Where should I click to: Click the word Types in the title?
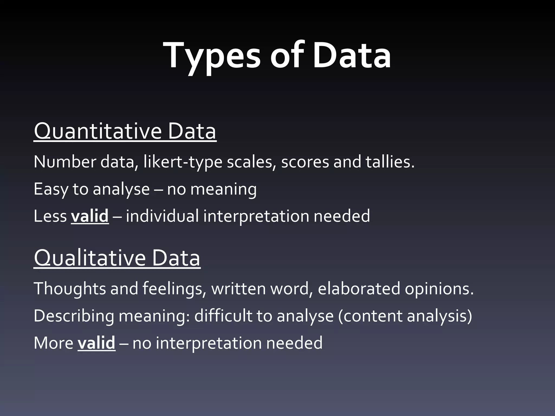pyautogui.click(x=211, y=56)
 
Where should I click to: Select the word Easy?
pyautogui.click(x=51, y=189)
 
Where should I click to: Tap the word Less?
pyautogui.click(x=50, y=216)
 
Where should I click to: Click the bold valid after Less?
pyautogui.click(x=90, y=216)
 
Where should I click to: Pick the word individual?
pyautogui.click(x=162, y=216)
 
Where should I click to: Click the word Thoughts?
pyautogui.click(x=70, y=289)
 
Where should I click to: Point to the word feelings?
pyautogui.click(x=173, y=289)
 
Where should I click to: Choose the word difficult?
pyautogui.click(x=223, y=316)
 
